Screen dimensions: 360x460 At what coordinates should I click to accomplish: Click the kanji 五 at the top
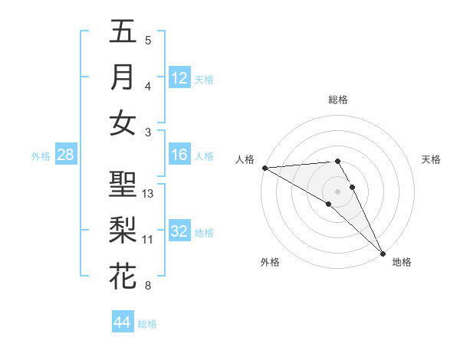coord(123,31)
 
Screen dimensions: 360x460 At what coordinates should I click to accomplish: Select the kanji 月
coord(123,77)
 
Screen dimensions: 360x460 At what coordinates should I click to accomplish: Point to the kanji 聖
coord(123,185)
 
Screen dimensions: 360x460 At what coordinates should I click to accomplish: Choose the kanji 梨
coord(123,231)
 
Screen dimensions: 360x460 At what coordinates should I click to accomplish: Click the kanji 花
coord(123,277)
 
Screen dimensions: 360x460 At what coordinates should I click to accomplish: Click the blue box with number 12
coord(179,77)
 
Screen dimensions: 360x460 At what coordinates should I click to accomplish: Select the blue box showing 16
coord(179,155)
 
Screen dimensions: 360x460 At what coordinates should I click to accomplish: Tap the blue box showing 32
coord(179,231)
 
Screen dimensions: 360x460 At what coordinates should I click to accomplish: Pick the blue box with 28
coord(66,155)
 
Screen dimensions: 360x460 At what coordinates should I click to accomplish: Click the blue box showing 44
coord(123,322)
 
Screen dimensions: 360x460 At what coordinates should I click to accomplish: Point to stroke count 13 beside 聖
coord(149,194)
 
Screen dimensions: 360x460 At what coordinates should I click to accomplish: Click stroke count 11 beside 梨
coord(149,240)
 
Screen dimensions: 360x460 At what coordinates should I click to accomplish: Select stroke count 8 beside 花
coord(148,286)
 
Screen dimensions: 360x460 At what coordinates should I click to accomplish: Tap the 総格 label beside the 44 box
coord(147,324)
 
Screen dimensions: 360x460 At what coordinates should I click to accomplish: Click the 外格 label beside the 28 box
coord(41,156)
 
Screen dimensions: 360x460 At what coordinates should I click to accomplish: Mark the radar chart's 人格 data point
coord(264,168)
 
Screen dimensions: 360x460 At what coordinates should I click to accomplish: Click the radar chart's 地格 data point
coord(383,253)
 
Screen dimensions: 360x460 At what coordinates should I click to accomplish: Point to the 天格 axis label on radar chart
coord(432,159)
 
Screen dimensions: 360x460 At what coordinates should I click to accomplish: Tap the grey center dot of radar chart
coord(337,191)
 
